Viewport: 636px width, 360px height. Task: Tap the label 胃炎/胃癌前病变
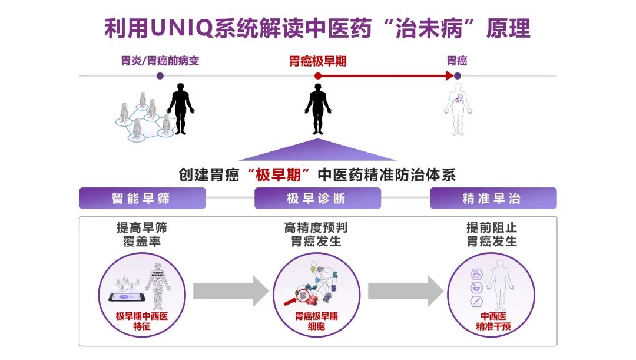point(160,61)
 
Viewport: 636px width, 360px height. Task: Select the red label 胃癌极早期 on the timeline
point(317,61)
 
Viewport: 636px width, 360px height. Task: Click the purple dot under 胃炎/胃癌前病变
point(160,75)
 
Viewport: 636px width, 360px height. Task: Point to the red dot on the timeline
point(317,75)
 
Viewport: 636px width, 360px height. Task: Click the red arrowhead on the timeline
point(450,75)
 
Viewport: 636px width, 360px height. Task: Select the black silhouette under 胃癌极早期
point(317,109)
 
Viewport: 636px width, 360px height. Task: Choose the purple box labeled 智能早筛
point(143,199)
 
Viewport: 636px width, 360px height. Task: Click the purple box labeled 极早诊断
point(317,199)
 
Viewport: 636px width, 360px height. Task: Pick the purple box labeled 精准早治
point(493,199)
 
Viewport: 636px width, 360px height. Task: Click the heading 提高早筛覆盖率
point(142,235)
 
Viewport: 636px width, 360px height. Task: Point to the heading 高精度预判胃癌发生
point(316,235)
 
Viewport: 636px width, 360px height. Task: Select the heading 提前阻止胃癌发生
point(492,235)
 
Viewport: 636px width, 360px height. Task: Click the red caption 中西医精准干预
point(492,320)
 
